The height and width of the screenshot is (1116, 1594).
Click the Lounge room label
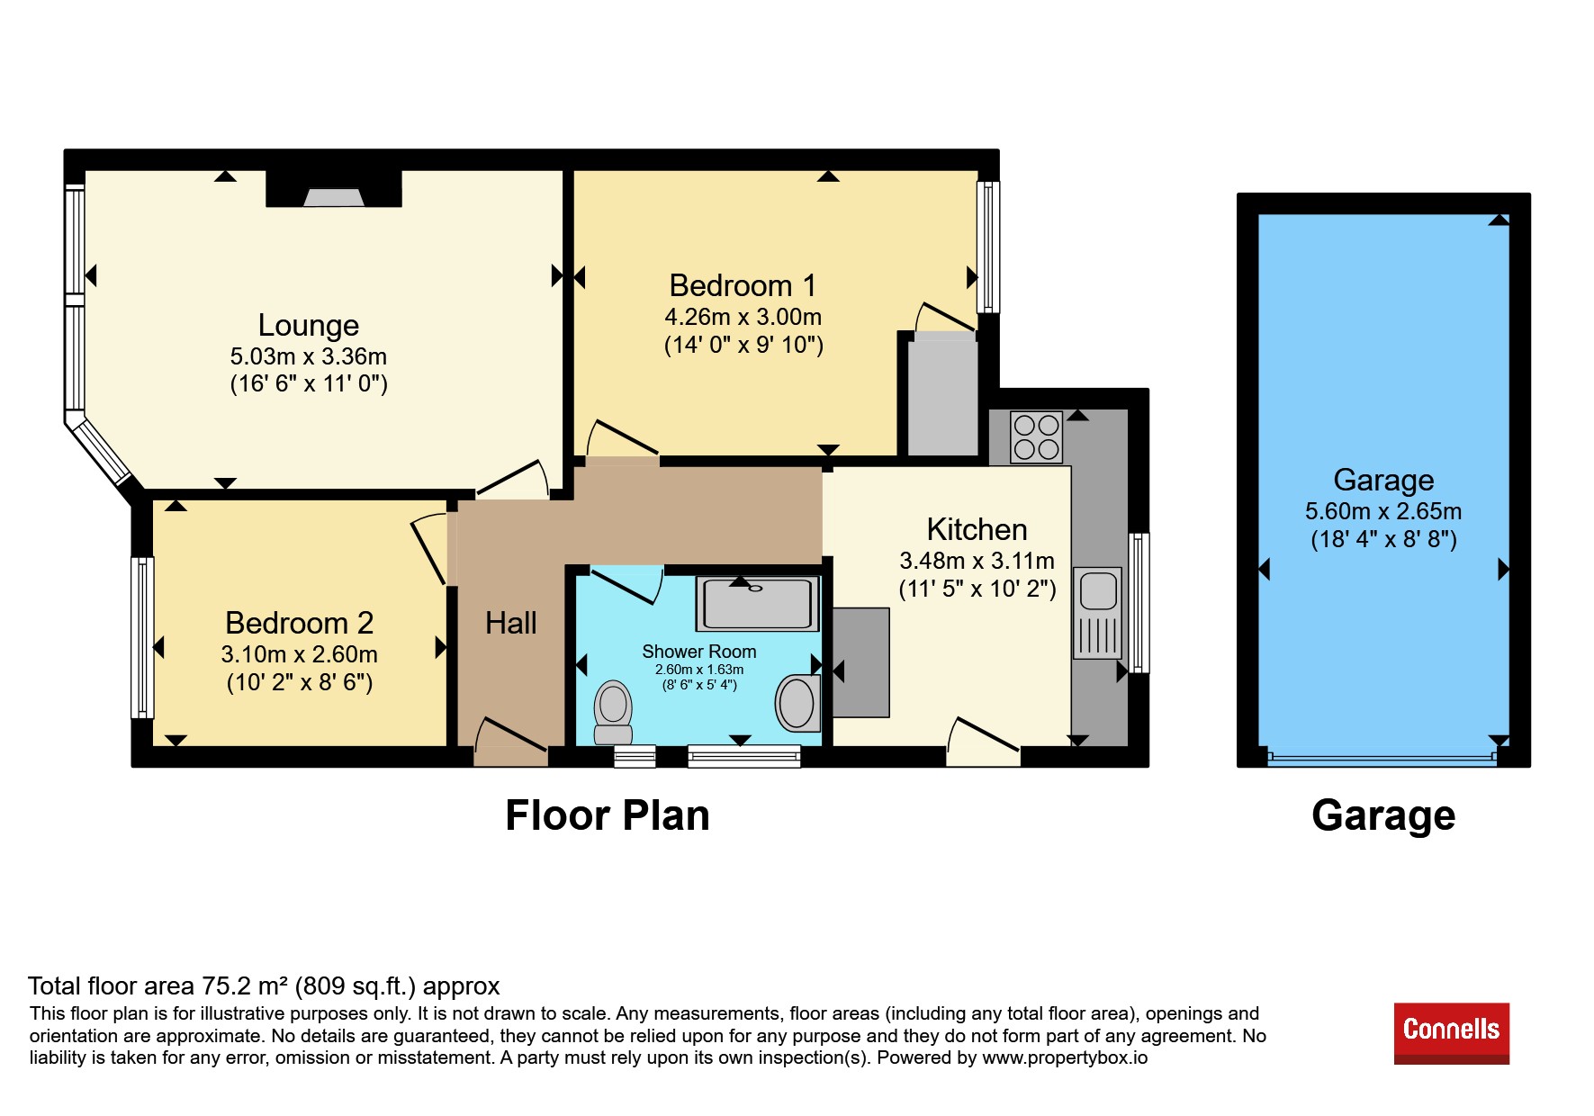(309, 325)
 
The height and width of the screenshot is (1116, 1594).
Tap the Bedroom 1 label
(743, 285)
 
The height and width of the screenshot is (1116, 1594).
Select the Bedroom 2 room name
(299, 623)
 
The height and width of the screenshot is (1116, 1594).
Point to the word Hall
(510, 623)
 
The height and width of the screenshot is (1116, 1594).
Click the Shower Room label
(699, 652)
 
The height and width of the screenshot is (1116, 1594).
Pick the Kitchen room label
(977, 529)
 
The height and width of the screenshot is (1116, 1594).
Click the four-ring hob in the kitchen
(1036, 436)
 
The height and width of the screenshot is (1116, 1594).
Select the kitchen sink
(1098, 612)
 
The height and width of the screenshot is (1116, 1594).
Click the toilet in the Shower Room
(613, 712)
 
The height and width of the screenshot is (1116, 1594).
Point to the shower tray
(757, 603)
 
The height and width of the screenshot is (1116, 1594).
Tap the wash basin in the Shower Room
(797, 702)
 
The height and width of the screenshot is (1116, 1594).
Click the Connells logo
(1452, 1033)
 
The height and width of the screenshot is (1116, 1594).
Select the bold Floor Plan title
(608, 815)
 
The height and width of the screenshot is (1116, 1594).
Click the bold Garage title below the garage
(1383, 816)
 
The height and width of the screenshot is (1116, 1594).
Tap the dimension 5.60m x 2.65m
(1383, 511)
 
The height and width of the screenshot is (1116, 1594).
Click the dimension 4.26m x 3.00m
(743, 317)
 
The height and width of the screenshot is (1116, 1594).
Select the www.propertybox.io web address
(1065, 1057)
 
